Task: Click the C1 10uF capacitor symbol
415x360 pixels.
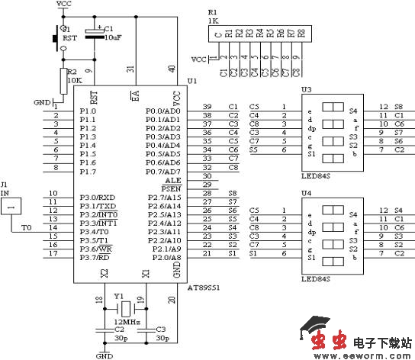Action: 95,33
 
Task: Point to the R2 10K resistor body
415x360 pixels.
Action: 63,79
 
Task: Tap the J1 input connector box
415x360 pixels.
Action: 16,204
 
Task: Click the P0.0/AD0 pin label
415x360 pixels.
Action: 163,111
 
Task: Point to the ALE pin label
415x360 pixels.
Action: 173,179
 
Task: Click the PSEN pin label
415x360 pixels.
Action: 171,188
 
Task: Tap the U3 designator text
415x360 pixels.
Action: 306,89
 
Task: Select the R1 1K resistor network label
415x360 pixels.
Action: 213,17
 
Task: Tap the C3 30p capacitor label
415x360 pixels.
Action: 160,332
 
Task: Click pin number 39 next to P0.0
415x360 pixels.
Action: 207,106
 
